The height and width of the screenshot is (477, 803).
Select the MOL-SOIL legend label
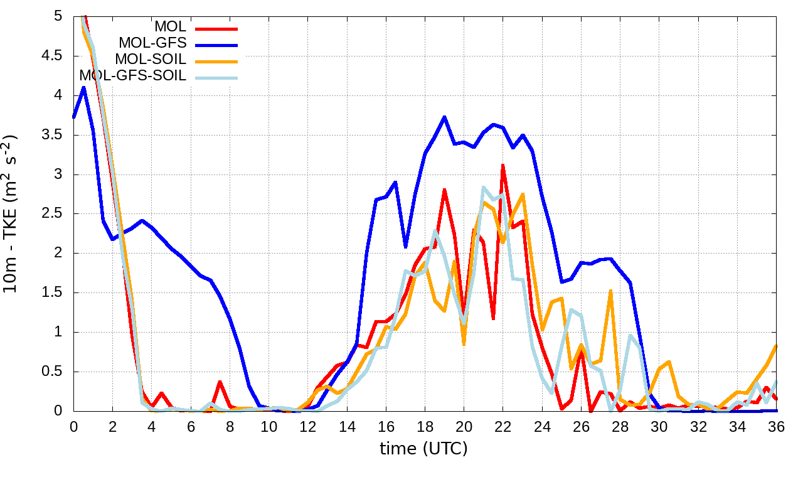(151, 60)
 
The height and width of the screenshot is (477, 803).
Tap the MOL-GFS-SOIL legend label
(133, 76)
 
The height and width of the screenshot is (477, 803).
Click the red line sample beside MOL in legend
(216, 28)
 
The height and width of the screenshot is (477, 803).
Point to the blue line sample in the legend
(216, 44)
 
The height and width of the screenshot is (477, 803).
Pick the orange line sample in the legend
(216, 60)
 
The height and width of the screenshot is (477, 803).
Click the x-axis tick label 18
(425, 427)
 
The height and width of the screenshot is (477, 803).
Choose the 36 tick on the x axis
(776, 427)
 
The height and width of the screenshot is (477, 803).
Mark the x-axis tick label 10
(269, 427)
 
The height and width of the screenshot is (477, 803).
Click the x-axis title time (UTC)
(423, 449)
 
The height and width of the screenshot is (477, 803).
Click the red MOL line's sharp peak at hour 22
(503, 165)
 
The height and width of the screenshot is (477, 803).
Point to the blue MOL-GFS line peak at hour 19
(444, 117)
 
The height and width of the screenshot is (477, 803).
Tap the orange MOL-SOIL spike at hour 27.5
(610, 291)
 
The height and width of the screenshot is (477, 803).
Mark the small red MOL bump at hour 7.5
(220, 382)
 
